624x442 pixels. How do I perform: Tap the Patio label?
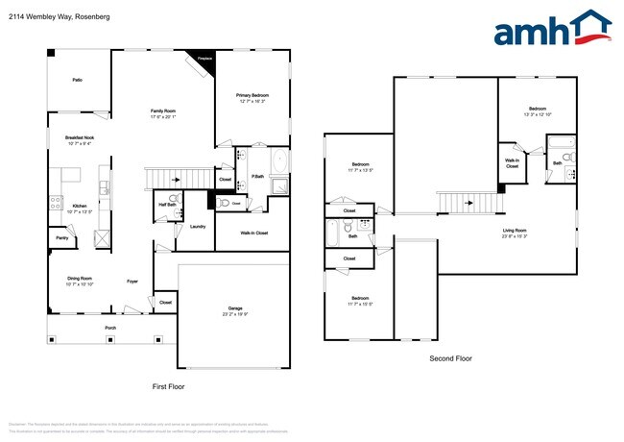pos(77,80)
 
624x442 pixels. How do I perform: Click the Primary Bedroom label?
pos(253,96)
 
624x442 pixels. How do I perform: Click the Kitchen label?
pos(80,207)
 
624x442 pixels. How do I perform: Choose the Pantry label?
pos(61,237)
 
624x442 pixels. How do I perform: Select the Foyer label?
pos(133,282)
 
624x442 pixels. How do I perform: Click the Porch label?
pos(111,328)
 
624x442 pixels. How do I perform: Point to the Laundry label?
pos(198,227)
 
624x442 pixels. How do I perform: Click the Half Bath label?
pos(166,204)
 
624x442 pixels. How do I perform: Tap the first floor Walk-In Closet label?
pos(253,233)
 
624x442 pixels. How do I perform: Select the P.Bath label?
pos(258,176)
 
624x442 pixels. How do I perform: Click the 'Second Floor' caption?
pos(450,358)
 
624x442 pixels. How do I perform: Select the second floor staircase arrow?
pos(470,203)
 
